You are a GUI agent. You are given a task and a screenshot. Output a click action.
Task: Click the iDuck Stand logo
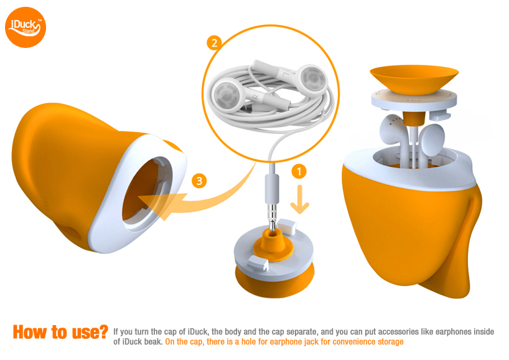[x=26, y=27]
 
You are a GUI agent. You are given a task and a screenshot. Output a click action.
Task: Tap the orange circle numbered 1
[x=299, y=171]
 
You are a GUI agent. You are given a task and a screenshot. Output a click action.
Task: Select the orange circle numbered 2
[x=214, y=43]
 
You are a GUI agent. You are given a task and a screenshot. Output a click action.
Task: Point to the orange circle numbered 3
[x=199, y=181]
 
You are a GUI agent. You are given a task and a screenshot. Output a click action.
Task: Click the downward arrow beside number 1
[x=300, y=199]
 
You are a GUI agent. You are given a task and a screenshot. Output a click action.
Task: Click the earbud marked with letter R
[x=228, y=95]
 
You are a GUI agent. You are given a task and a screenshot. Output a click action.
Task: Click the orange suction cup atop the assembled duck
[x=414, y=79]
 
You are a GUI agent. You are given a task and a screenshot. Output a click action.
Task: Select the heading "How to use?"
[x=60, y=332]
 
